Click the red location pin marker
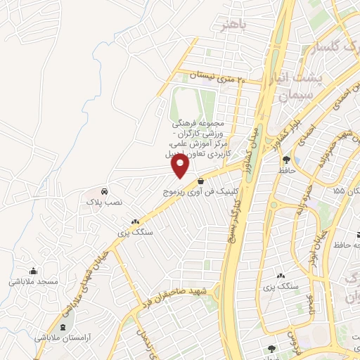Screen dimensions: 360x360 click(181, 165)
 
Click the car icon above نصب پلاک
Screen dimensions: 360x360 click(104, 191)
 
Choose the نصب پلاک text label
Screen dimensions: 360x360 click(104, 202)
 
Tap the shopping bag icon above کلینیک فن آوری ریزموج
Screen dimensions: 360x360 click(201, 181)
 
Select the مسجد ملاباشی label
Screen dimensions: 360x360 click(33, 281)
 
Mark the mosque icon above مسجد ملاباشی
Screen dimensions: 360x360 click(33, 271)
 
